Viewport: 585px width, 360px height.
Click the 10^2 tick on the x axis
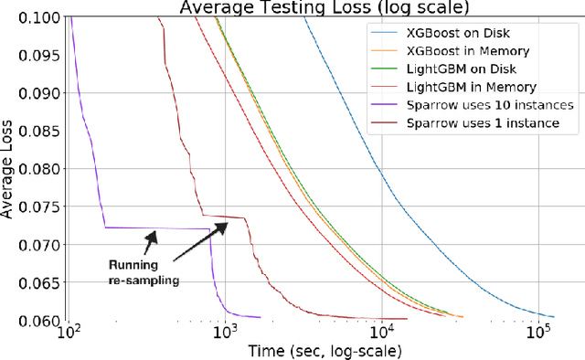[68, 334]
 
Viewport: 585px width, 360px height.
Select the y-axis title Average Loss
[11, 169]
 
